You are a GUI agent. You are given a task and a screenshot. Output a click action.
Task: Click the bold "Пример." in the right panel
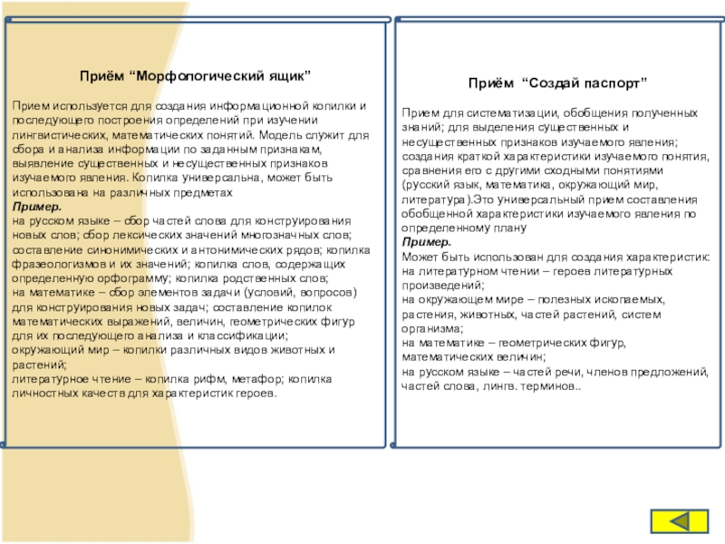click(425, 244)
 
